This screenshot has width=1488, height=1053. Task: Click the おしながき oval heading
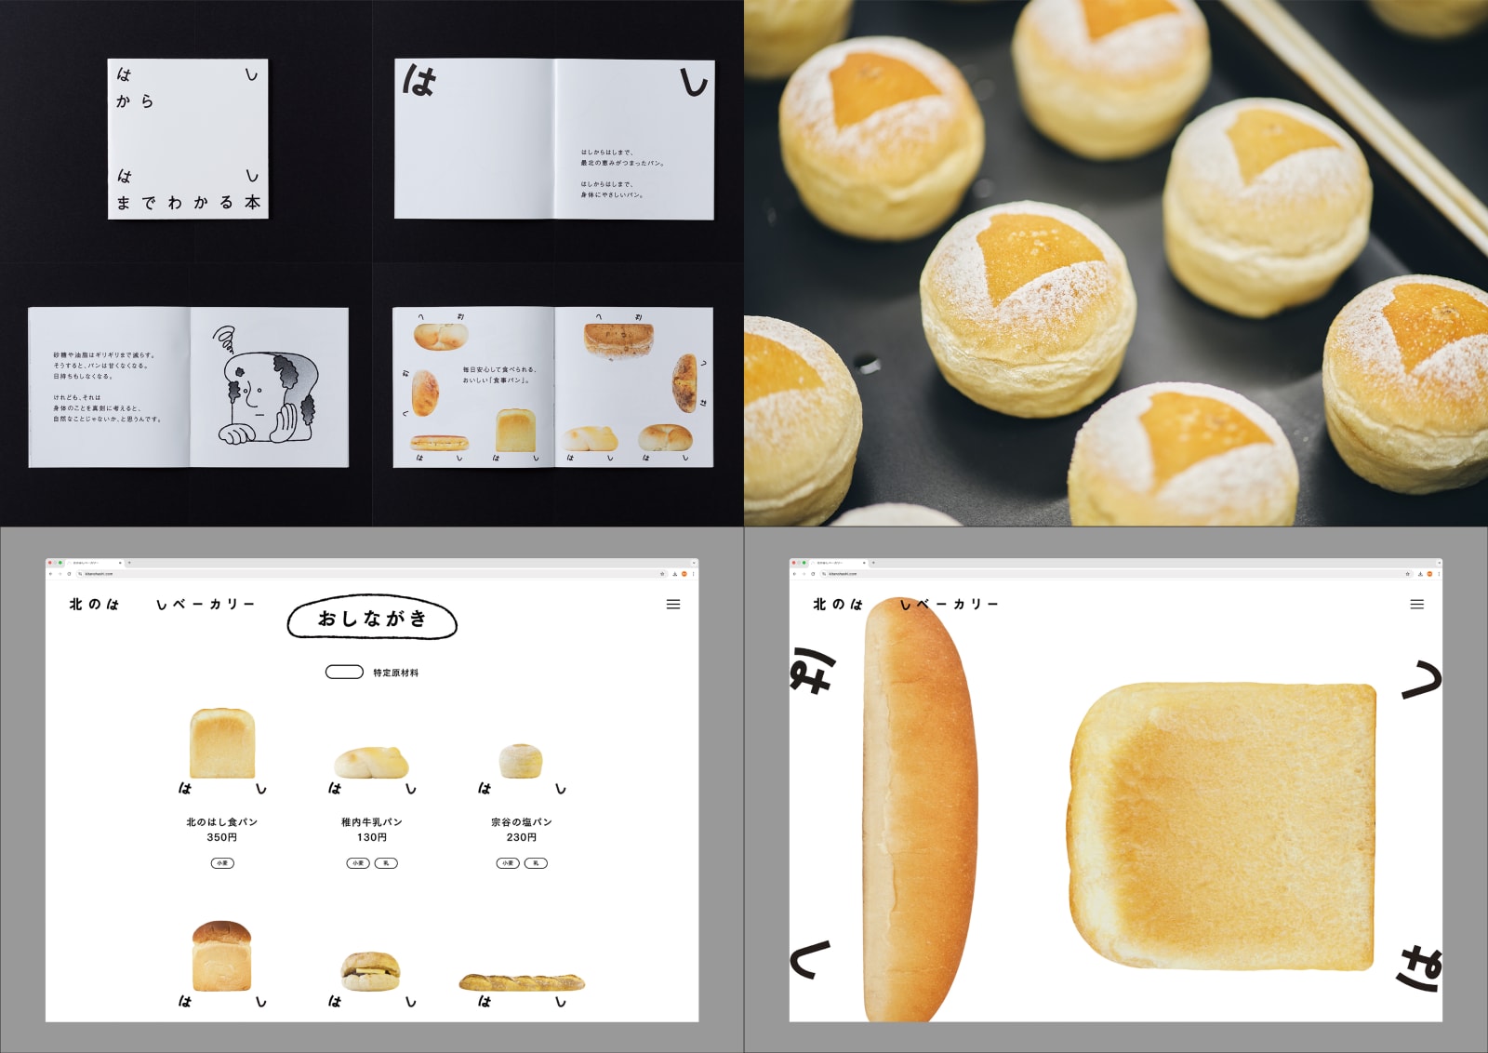pyautogui.click(x=372, y=619)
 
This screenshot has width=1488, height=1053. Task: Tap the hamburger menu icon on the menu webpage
pyautogui.click(x=673, y=605)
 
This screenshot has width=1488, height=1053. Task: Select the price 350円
pyautogui.click(x=221, y=837)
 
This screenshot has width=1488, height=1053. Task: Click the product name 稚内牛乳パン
pyautogui.click(x=371, y=822)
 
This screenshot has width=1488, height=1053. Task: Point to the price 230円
pyautogui.click(x=521, y=837)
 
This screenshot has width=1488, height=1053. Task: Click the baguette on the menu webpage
pyautogui.click(x=522, y=981)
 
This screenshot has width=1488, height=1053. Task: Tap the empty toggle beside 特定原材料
pyautogui.click(x=343, y=672)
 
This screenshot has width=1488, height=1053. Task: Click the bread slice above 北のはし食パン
pyautogui.click(x=222, y=743)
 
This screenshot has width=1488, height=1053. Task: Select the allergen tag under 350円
pyautogui.click(x=222, y=863)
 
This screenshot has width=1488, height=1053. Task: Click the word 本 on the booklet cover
pyautogui.click(x=252, y=202)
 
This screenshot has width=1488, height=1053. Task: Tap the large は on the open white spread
pyautogui.click(x=419, y=82)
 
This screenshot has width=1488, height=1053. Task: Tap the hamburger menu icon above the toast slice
pyautogui.click(x=1417, y=605)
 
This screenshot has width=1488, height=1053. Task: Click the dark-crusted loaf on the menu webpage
pyautogui.click(x=221, y=955)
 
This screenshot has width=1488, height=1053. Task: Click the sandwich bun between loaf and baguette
pyautogui.click(x=370, y=971)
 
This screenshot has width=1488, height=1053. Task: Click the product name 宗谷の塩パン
pyautogui.click(x=521, y=822)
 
